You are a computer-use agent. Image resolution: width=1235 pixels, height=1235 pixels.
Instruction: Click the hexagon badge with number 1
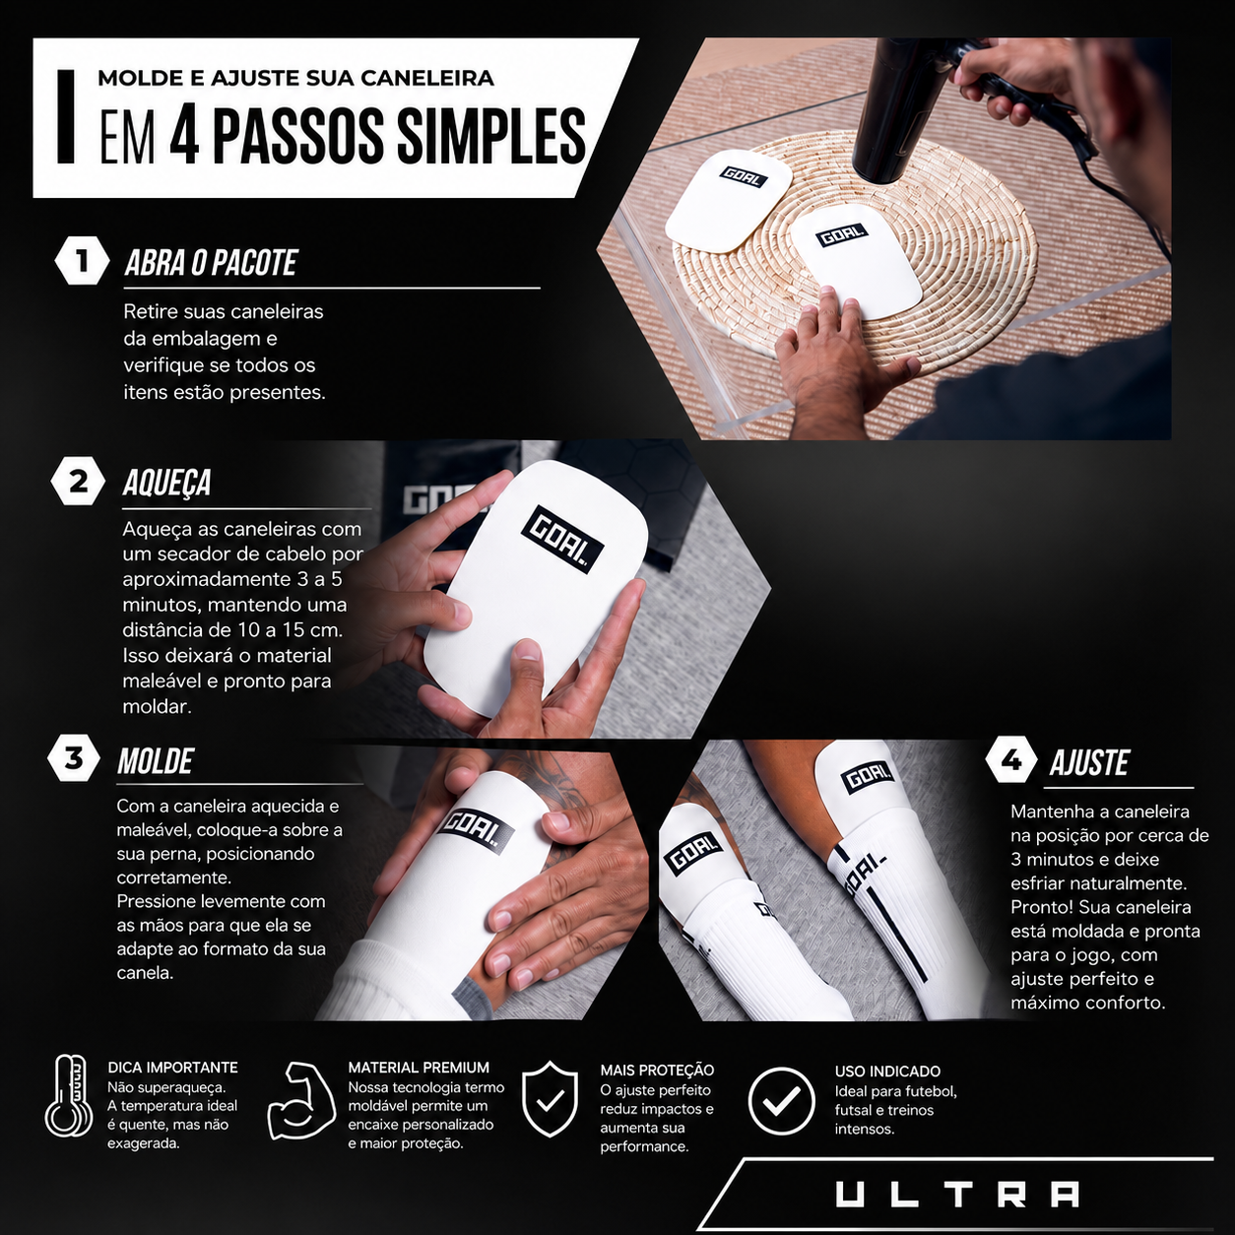(82, 261)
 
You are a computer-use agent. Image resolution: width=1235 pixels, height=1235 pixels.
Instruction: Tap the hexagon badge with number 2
(78, 482)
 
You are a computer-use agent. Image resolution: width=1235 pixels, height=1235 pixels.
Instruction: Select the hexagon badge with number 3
(74, 758)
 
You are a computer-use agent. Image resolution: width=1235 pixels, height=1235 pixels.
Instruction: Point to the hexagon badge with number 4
(1012, 759)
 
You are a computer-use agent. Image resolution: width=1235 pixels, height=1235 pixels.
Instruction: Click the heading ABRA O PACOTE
(211, 263)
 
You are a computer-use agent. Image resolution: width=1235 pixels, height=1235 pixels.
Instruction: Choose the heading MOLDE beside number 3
(155, 760)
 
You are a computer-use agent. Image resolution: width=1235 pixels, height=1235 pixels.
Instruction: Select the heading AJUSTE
(1089, 762)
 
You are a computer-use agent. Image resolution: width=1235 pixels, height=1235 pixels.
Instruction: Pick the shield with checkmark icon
(550, 1117)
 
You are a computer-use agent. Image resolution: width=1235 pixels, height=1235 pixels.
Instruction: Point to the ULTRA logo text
(957, 1195)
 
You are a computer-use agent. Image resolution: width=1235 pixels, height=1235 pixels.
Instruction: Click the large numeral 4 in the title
(184, 137)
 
